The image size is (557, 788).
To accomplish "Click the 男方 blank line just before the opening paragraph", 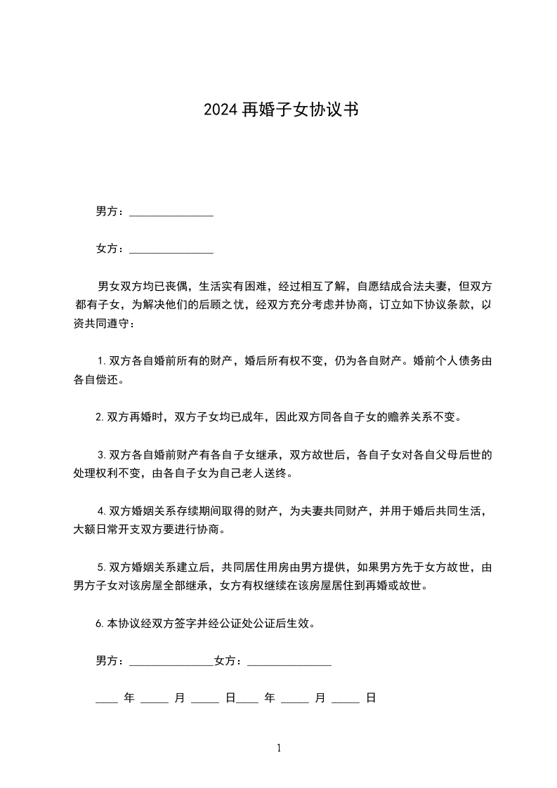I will click(x=171, y=211).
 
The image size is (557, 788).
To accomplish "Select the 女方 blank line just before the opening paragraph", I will click(x=171, y=249).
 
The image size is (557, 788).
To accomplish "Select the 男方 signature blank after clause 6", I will click(x=171, y=661).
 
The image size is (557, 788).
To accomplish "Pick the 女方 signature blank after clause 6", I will click(x=289, y=661).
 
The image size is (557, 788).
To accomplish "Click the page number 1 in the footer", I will click(x=279, y=749).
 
